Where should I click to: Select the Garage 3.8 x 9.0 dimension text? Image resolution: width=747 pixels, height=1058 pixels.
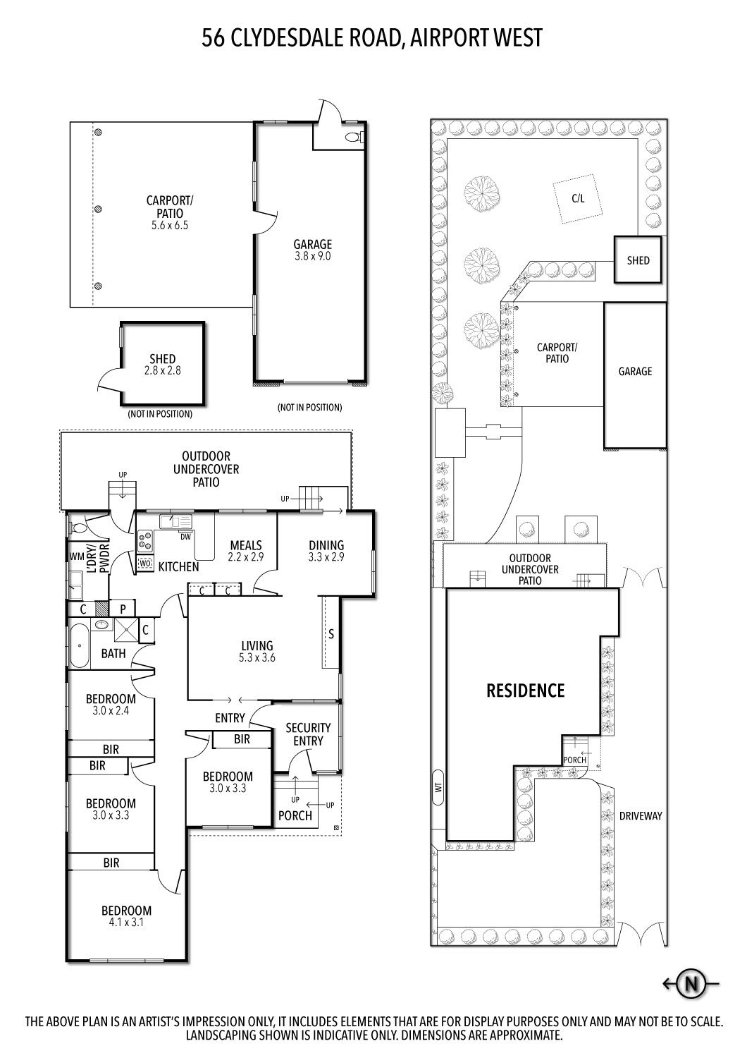click(312, 257)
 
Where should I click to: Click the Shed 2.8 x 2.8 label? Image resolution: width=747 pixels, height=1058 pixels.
click(162, 370)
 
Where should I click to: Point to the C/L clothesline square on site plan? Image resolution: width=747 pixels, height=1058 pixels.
click(578, 199)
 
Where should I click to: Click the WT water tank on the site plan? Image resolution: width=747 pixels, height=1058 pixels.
click(438, 787)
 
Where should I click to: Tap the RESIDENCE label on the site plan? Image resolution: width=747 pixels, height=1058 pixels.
click(526, 691)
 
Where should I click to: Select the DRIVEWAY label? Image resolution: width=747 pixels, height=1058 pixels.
click(641, 816)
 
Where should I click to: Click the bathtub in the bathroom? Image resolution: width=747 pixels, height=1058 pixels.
click(79, 645)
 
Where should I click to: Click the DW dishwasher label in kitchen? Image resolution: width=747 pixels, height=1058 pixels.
click(185, 537)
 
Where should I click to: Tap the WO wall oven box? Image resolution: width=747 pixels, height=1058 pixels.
click(145, 564)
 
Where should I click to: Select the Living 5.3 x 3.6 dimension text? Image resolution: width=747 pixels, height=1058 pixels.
click(257, 658)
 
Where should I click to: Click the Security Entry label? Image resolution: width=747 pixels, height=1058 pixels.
click(308, 734)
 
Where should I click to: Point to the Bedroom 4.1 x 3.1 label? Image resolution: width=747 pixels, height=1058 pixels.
click(126, 921)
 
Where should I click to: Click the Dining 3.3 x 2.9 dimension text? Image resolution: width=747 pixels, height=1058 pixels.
click(326, 557)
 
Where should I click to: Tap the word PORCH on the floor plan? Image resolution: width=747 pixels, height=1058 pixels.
click(295, 815)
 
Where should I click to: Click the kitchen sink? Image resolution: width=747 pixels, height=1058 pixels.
click(175, 521)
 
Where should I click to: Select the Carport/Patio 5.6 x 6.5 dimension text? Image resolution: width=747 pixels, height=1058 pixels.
click(169, 226)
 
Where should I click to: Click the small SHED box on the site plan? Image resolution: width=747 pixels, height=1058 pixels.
click(638, 260)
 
